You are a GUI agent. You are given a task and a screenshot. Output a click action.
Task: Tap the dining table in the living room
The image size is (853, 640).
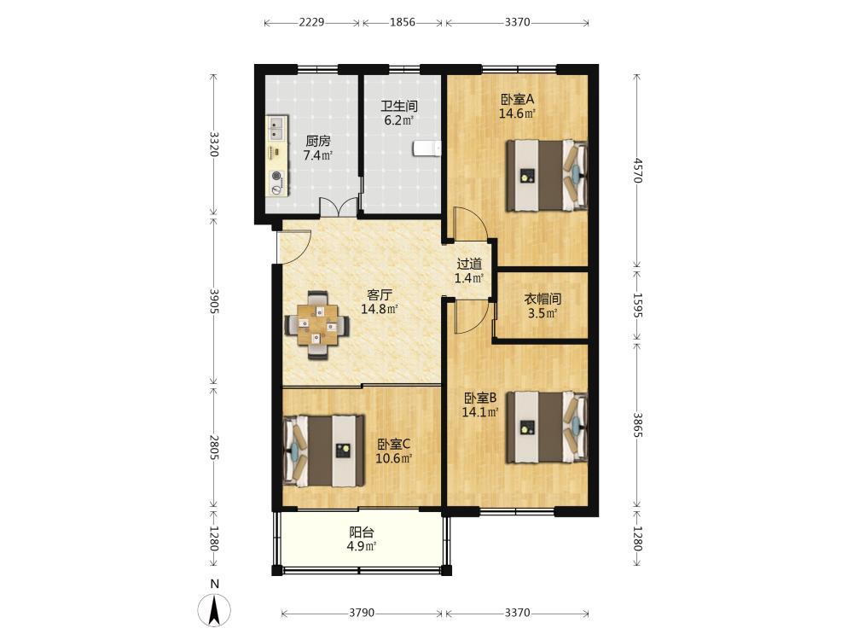click(x=317, y=325)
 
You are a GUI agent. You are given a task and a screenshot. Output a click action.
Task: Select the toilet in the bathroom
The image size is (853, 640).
click(x=427, y=148)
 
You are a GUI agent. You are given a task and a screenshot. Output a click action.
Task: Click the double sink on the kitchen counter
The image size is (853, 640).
click(x=277, y=127)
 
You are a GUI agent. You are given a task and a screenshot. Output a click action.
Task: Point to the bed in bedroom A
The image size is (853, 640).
click(x=547, y=175)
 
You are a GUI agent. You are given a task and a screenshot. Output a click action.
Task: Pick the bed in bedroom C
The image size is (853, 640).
click(x=324, y=451)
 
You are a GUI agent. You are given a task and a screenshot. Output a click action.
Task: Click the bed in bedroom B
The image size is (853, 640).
click(x=547, y=427)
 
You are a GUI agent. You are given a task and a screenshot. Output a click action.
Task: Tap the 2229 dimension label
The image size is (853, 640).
click(x=311, y=22)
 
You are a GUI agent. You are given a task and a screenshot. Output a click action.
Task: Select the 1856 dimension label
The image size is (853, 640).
click(x=402, y=22)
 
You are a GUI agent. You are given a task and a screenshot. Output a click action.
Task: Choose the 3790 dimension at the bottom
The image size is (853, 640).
click(x=362, y=613)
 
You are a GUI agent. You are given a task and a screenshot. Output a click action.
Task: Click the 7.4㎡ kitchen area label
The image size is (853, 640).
click(x=317, y=155)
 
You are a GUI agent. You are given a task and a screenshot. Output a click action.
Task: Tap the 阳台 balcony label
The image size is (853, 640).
click(x=362, y=532)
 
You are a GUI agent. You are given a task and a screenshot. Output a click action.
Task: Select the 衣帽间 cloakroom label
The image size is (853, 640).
click(x=543, y=299)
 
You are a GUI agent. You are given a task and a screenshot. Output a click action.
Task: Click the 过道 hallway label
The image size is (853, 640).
click(x=469, y=265)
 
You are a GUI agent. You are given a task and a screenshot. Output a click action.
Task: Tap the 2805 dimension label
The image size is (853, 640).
click(x=214, y=447)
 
